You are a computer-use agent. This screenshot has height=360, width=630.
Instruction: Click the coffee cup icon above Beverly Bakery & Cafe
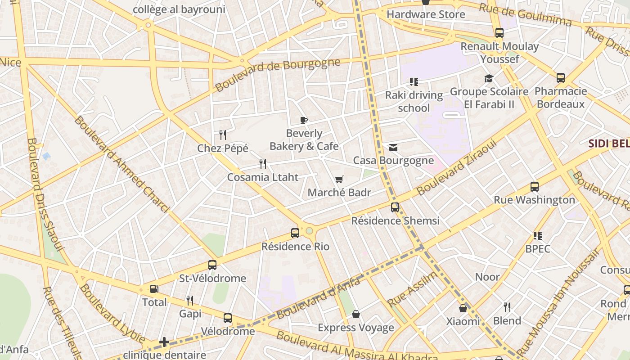304,120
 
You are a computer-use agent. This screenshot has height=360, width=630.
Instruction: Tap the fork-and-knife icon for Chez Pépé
222,135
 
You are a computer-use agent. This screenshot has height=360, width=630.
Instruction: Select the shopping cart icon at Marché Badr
339,180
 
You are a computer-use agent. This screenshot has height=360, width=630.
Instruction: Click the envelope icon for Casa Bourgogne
393,148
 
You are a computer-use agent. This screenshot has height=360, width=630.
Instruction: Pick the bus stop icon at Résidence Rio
295,233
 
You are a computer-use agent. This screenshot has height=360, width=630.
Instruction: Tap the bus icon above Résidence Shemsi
395,207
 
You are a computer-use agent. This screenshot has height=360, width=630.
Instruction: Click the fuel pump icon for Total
154,289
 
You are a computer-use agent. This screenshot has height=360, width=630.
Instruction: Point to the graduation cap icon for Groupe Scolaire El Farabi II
489,79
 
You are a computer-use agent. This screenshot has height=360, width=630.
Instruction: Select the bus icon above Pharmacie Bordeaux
561,78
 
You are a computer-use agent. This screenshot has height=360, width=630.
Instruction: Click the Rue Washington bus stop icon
535,187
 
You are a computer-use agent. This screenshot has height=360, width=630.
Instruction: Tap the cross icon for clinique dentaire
164,342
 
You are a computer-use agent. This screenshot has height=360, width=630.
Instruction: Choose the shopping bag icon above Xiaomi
463,308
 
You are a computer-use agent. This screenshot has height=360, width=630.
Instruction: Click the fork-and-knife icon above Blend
507,307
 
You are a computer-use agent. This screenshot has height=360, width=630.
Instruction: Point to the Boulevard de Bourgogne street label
278,74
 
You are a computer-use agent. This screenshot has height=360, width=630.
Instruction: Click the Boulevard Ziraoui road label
456,167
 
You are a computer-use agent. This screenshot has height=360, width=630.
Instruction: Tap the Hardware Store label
426,14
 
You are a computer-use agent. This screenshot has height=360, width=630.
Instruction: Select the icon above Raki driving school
414,82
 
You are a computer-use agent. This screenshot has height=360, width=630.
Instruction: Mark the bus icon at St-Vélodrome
212,265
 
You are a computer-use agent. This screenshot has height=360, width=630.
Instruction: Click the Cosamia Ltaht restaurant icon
263,164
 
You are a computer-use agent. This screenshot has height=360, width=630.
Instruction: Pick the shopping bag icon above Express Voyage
356,314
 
